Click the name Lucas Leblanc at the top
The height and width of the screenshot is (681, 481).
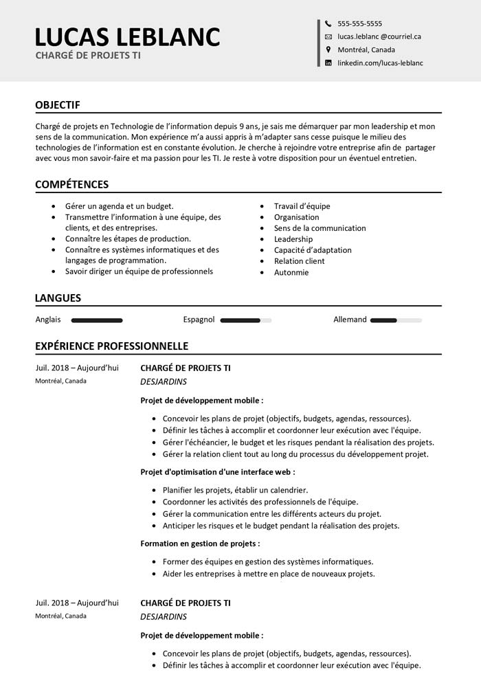tap(127, 36)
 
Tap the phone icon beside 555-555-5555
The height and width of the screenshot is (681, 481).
tap(328, 23)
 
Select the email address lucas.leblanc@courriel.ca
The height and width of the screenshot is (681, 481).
tap(379, 36)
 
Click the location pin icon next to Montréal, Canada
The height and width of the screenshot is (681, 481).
tap(328, 49)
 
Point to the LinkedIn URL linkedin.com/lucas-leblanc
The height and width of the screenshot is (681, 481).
tap(380, 63)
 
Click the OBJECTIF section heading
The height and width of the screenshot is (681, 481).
tap(58, 105)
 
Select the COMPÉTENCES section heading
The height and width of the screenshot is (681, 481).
tap(71, 185)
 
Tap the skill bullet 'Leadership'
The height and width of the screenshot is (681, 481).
tap(293, 239)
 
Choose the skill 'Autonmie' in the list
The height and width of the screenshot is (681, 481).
tap(291, 272)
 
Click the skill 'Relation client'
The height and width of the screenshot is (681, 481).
tap(299, 261)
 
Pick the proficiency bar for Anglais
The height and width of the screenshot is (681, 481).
tap(97, 320)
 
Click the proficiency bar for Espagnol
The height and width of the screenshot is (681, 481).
tap(246, 320)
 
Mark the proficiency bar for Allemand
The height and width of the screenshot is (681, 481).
tap(396, 320)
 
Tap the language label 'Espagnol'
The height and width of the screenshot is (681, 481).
tap(199, 320)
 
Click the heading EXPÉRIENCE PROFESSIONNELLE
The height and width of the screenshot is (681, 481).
tap(111, 346)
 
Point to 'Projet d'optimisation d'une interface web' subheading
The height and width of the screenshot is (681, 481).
tap(218, 472)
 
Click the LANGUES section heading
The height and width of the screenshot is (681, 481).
tap(58, 298)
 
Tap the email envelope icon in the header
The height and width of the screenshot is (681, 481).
tap(328, 36)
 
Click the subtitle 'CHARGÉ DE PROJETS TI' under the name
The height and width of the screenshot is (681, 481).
tap(88, 55)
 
